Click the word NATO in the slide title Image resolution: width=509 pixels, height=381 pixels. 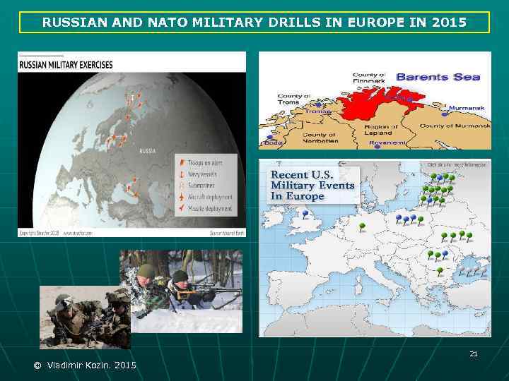162,23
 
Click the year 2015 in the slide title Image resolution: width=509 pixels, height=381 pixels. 449,23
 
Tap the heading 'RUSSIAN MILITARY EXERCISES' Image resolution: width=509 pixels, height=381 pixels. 66,65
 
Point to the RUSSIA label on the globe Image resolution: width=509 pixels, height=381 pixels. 148,150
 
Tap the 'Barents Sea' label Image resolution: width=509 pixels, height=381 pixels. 438,78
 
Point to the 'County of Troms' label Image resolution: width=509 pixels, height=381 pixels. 293,99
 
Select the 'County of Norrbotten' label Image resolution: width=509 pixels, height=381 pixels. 319,138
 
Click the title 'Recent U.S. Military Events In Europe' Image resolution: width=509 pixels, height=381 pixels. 312,185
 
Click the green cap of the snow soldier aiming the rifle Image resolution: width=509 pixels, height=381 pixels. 146,270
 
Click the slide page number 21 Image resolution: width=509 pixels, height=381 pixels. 474,353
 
